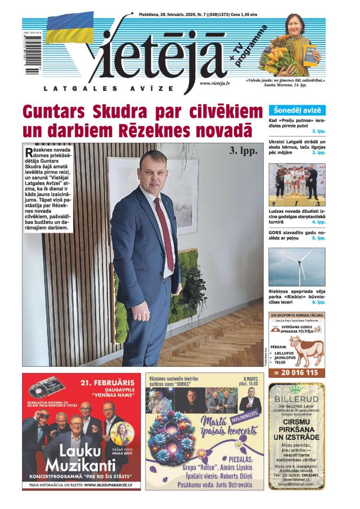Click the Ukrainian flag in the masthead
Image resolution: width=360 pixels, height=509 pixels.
coord(70,28)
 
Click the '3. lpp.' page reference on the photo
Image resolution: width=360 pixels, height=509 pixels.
coord(243,151)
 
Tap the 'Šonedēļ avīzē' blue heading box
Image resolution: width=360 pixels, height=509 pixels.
coord(297,111)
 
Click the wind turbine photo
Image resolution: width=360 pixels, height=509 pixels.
coord(296,267)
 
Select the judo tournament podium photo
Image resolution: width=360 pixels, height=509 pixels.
coord(296,184)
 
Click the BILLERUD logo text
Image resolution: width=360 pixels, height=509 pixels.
coord(296,390)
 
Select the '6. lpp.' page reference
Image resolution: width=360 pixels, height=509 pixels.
coord(318,302)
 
